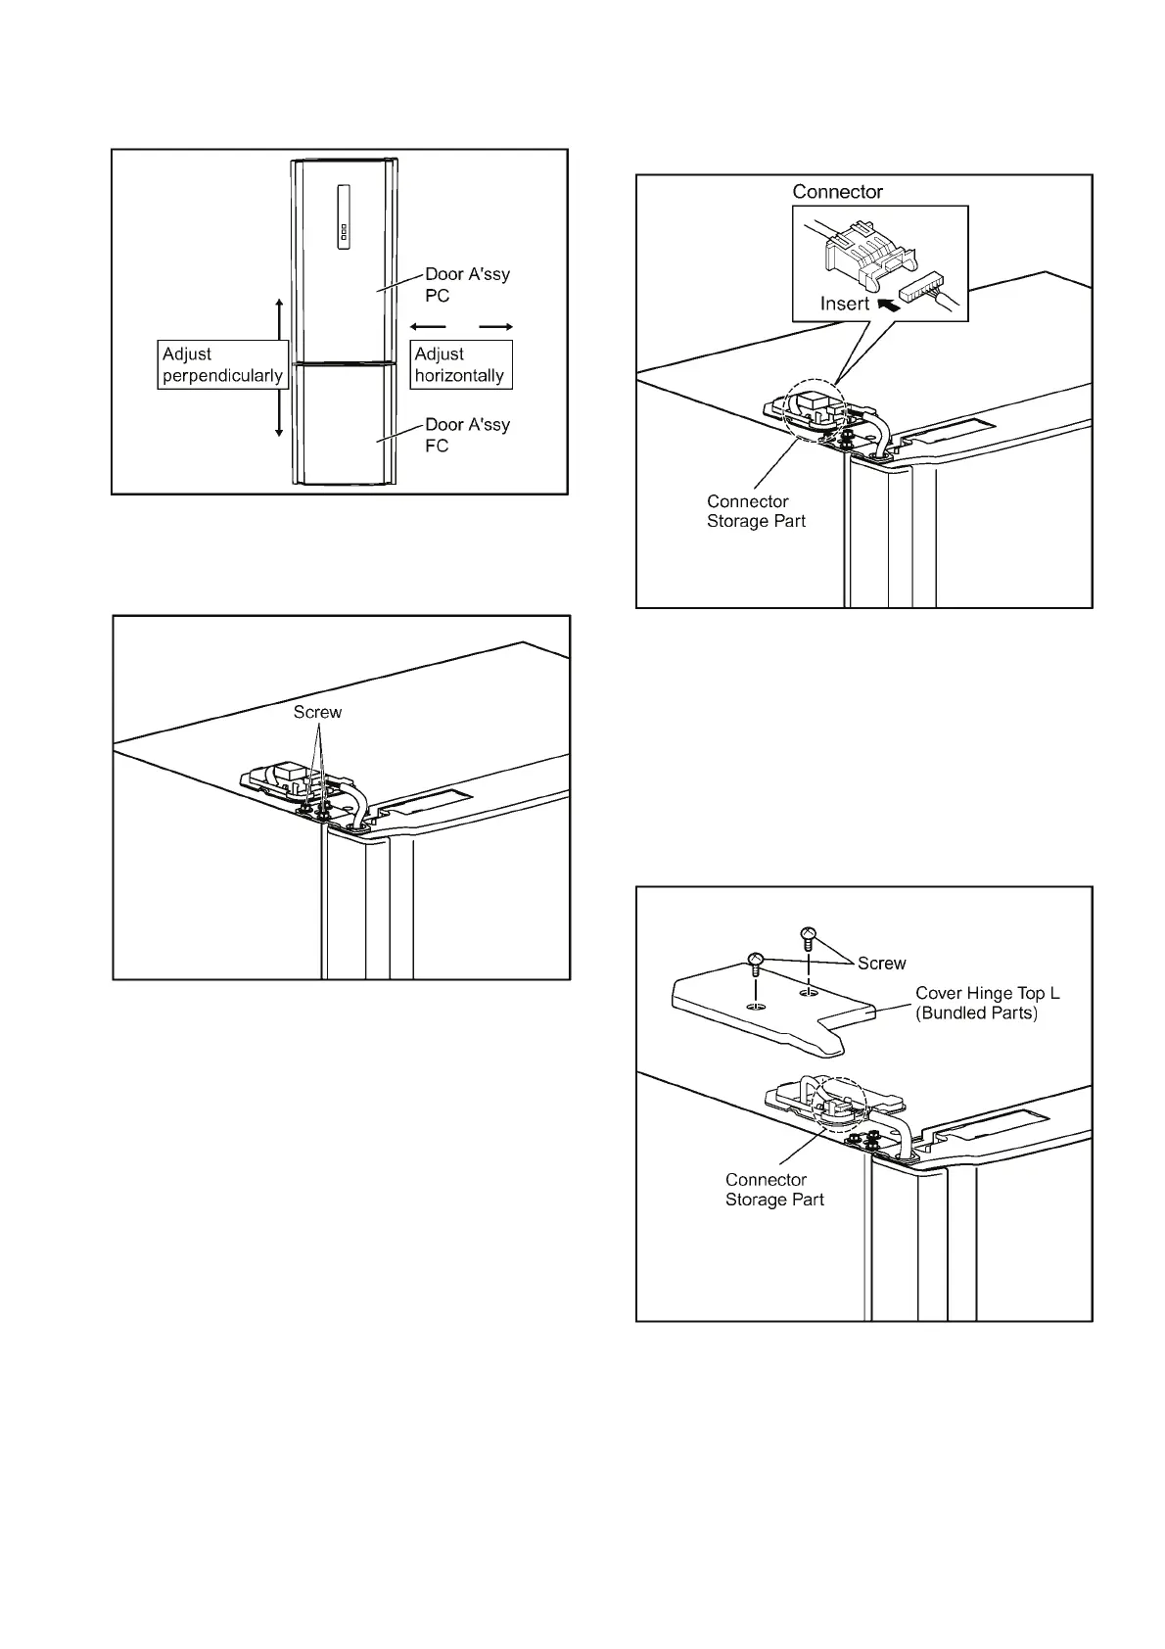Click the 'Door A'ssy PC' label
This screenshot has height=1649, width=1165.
[x=467, y=285]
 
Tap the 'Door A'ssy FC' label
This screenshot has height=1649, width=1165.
[x=467, y=435]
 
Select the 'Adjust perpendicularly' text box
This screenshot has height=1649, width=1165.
[x=222, y=365]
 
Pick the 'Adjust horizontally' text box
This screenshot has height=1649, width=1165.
[x=460, y=365]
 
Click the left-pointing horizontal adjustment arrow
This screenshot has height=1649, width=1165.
[x=428, y=326]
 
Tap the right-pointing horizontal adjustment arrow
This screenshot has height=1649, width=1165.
[x=496, y=326]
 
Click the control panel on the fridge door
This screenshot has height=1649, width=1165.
[x=344, y=217]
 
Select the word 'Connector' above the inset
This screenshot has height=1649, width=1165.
[x=837, y=192]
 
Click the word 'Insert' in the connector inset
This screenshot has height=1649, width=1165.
[x=845, y=304]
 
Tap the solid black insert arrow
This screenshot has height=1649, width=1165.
[x=889, y=305]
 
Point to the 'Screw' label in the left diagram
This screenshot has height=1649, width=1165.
[x=317, y=712]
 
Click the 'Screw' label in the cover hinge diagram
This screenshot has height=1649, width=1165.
[x=881, y=964]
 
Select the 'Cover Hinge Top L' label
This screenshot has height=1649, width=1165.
[x=987, y=993]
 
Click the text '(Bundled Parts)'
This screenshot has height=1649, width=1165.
[x=976, y=1013]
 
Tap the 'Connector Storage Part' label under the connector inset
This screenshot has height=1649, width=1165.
[x=756, y=511]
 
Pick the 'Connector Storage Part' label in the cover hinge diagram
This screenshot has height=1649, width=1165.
[x=774, y=1190]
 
